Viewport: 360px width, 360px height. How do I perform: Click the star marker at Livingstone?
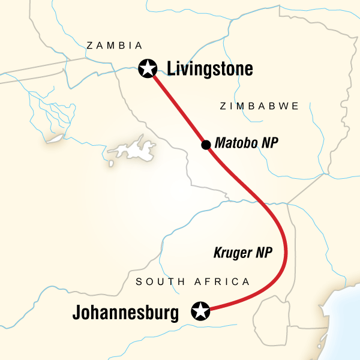(146, 69)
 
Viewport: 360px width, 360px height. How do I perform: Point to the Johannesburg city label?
(125, 313)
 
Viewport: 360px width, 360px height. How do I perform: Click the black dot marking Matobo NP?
(205, 145)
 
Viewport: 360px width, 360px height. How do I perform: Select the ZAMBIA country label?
(114, 46)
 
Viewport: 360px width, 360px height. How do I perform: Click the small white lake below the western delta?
(55, 139)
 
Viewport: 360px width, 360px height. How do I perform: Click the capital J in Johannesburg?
(77, 313)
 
